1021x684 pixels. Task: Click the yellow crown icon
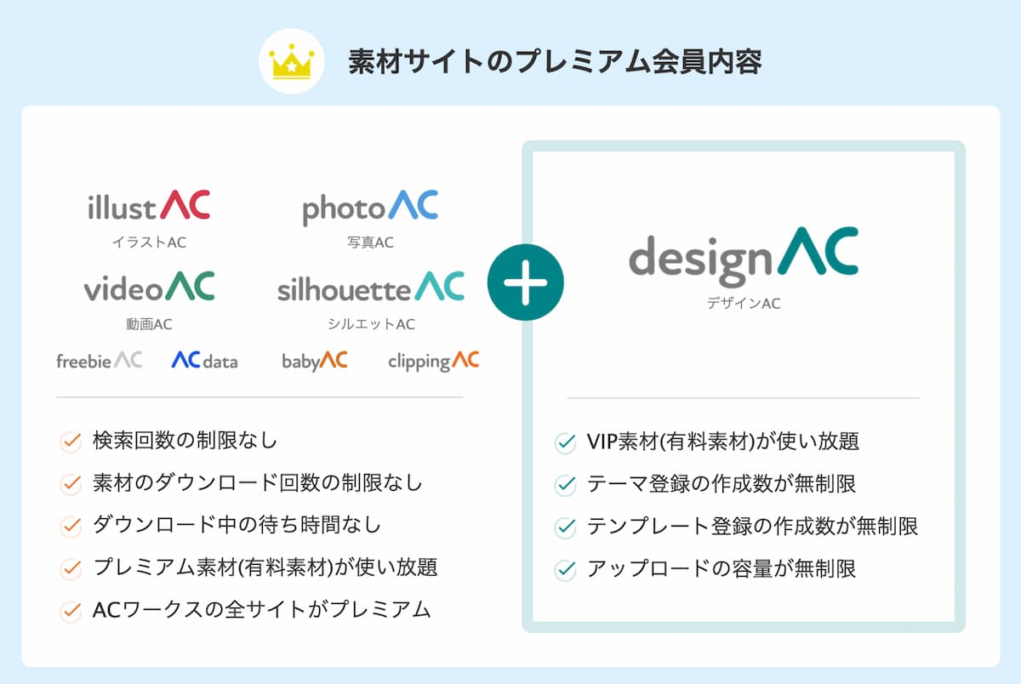tap(292, 62)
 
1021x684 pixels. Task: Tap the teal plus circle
tap(526, 282)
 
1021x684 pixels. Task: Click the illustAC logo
tap(149, 206)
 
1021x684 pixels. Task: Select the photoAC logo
tap(370, 208)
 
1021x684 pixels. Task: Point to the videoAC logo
tap(149, 287)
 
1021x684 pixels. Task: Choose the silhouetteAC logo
tap(371, 287)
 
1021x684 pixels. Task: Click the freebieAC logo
tap(100, 360)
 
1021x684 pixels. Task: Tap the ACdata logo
tap(205, 360)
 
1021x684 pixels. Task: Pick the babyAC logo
tap(315, 361)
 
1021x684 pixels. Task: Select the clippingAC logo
tap(433, 362)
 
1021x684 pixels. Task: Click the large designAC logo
tap(744, 257)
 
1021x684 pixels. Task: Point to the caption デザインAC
tap(744, 304)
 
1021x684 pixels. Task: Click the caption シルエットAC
tap(372, 324)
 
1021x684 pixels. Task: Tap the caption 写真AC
tap(370, 242)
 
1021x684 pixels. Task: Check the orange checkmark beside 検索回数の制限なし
tap(71, 442)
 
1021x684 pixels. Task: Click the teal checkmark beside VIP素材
tap(565, 443)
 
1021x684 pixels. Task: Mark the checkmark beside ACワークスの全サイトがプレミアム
tap(71, 612)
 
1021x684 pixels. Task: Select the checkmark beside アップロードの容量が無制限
tap(565, 570)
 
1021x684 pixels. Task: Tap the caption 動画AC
tap(149, 324)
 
